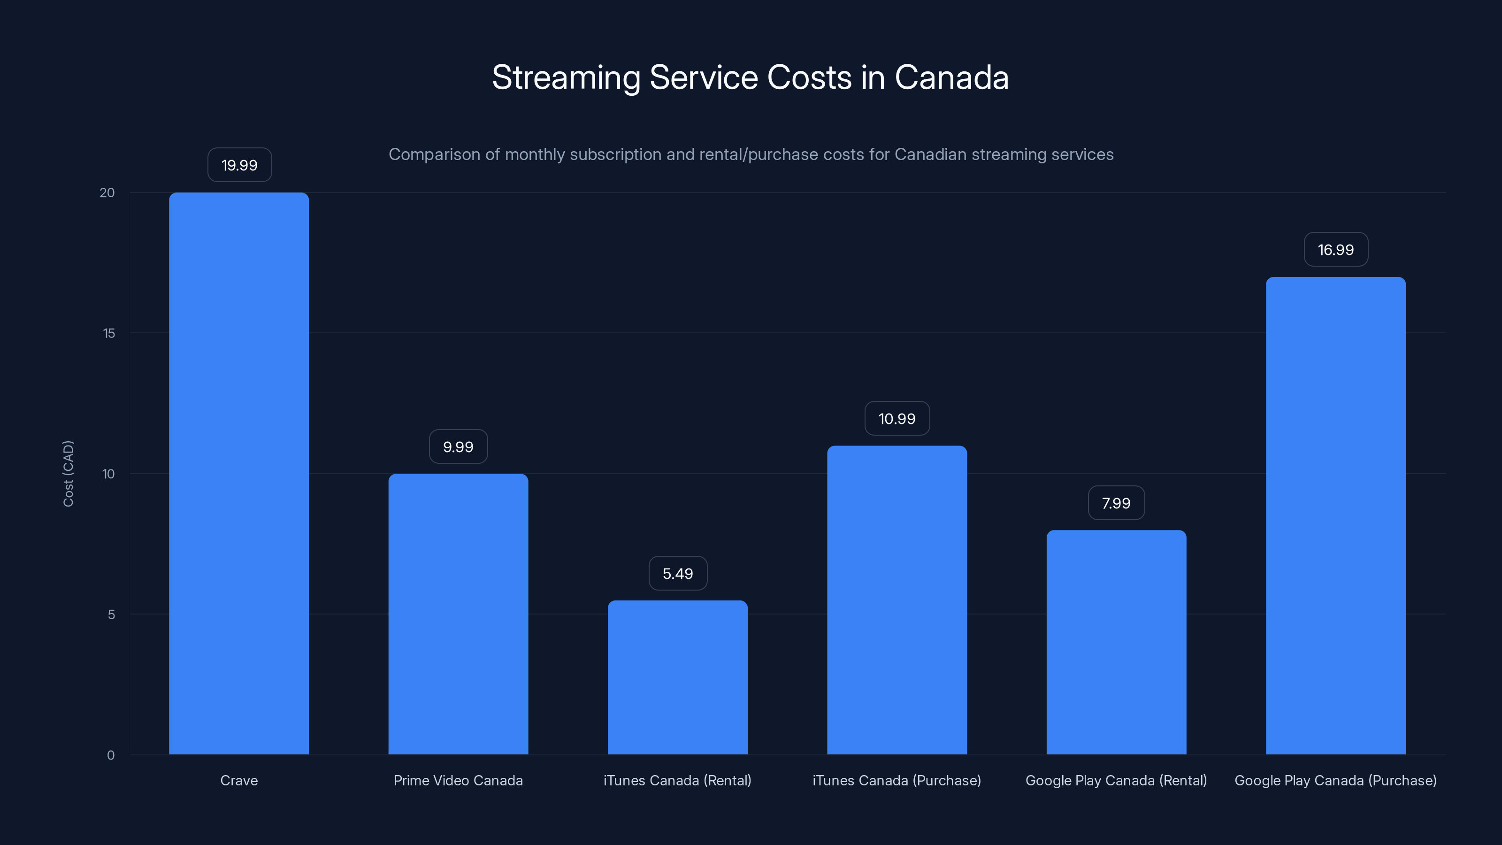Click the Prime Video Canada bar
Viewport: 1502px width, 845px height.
pyautogui.click(x=458, y=614)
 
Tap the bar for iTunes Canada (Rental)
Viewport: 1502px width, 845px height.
pyautogui.click(x=677, y=677)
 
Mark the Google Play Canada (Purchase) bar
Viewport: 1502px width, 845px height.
pyautogui.click(x=1335, y=515)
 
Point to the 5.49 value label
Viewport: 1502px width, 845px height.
pyautogui.click(x=677, y=573)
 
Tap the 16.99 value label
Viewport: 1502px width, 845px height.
pyautogui.click(x=1335, y=250)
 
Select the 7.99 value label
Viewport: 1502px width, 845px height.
pyautogui.click(x=1116, y=503)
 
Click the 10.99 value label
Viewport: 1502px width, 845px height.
pyautogui.click(x=897, y=418)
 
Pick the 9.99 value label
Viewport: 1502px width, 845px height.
pyautogui.click(x=458, y=447)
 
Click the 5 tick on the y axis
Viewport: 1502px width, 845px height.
pyautogui.click(x=111, y=614)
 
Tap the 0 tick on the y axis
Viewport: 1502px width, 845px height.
pyautogui.click(x=111, y=755)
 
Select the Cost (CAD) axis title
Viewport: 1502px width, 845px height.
pyautogui.click(x=68, y=474)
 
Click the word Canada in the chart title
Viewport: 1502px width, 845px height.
pyautogui.click(x=951, y=77)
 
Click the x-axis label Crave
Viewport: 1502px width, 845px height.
pyautogui.click(x=238, y=780)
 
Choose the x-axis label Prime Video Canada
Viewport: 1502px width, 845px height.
pyautogui.click(x=458, y=780)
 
